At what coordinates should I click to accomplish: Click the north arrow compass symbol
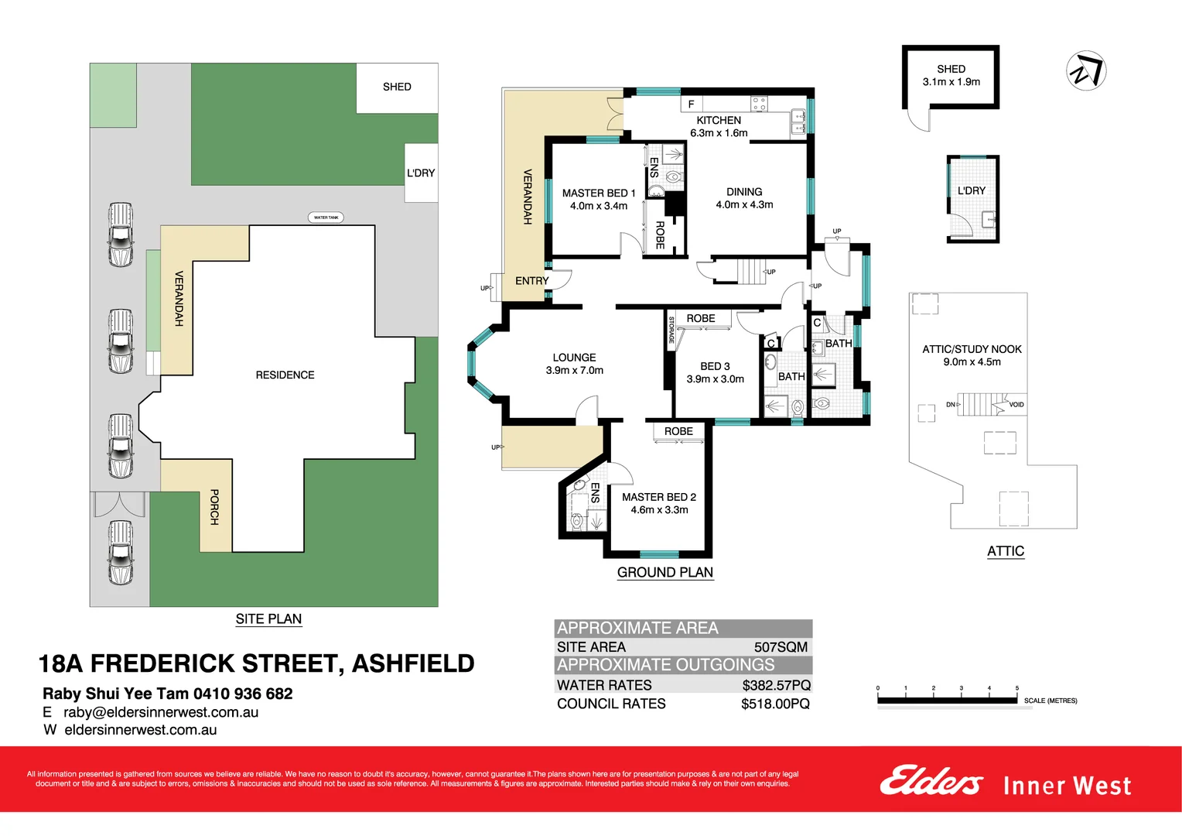1086,71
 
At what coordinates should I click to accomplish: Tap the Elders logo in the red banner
931,782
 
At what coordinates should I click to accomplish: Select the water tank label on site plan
326,218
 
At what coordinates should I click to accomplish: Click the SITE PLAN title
268,618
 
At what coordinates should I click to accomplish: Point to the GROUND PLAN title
664,572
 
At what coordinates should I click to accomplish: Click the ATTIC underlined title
1005,551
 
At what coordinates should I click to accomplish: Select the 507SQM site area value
780,647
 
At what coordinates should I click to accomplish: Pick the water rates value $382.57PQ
776,685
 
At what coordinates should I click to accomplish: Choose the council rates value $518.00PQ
775,704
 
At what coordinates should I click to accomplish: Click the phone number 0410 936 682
243,694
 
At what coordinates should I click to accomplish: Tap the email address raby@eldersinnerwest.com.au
161,712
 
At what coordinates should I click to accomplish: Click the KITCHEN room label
719,120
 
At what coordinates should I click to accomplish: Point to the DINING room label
744,192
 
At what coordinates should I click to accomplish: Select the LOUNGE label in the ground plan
574,358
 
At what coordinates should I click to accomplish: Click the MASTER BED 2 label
658,497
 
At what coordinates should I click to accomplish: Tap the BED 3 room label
715,366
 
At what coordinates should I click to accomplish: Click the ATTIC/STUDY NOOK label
972,349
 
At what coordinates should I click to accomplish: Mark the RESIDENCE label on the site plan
285,375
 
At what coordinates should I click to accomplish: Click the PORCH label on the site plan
215,507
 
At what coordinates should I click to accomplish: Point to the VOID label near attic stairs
1016,405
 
